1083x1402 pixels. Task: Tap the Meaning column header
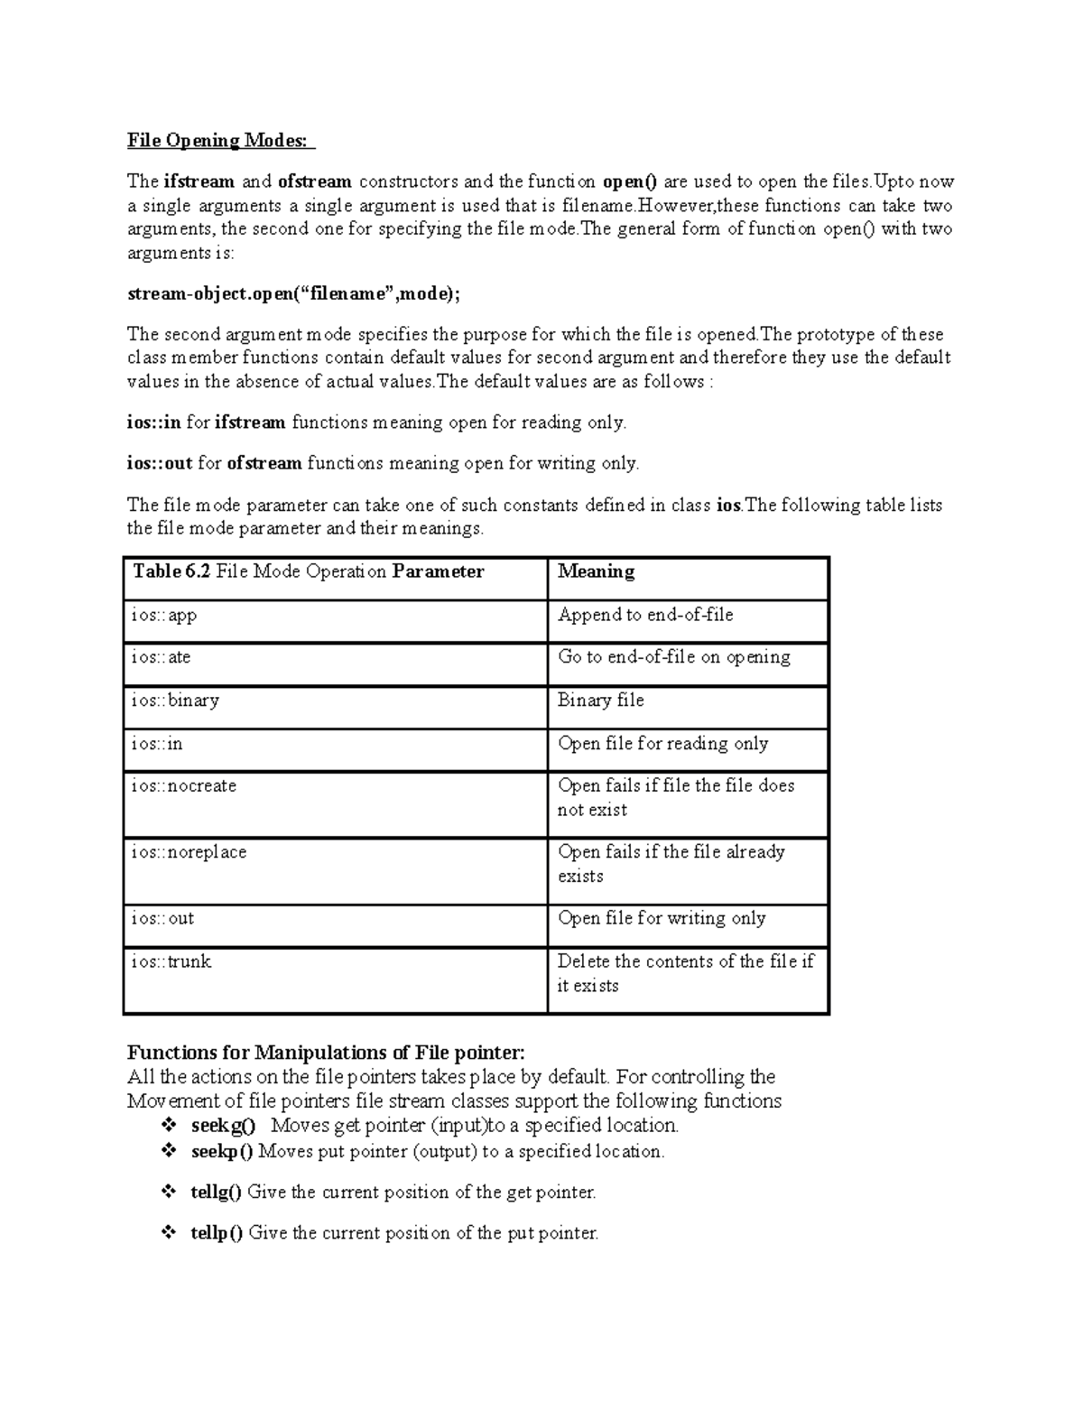[596, 572]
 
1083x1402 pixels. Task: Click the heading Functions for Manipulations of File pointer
[325, 1053]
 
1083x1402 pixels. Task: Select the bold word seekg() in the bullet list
[223, 1126]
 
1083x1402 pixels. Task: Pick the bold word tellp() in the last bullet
[217, 1233]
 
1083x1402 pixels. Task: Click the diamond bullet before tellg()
[168, 1192]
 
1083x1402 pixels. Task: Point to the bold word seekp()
[222, 1152]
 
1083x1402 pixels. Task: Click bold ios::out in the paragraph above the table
[159, 464]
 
